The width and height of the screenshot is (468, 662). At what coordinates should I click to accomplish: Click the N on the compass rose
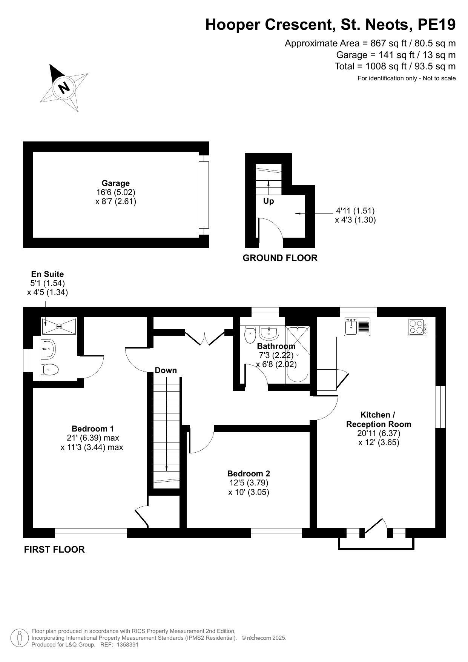coord(64,88)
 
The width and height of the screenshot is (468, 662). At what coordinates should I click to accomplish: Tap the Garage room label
coord(116,183)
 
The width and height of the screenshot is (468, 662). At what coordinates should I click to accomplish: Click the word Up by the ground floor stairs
coord(269,201)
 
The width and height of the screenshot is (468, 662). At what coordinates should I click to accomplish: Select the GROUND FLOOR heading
coord(280,258)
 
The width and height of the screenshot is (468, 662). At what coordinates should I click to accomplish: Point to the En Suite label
coord(48,274)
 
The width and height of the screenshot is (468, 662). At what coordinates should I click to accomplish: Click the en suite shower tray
coord(59,326)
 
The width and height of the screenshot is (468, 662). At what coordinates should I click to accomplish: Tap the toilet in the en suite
coord(50,369)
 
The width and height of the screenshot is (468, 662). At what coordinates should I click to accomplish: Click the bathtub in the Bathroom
coord(298,355)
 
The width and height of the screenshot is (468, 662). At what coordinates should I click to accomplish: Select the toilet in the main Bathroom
coord(250,335)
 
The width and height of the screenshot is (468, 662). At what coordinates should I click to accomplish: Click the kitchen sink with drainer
coord(357,327)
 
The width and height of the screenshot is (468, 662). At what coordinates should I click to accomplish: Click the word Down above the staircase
coord(166,370)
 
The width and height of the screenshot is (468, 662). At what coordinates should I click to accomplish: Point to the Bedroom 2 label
coord(249,473)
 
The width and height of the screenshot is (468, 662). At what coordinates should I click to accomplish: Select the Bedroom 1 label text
coord(93,429)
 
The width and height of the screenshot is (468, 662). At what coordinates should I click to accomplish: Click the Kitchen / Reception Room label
coord(379,419)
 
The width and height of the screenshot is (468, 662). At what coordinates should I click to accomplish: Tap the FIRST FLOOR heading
coord(54,550)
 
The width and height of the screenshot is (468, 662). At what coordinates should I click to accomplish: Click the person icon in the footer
coord(19,638)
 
